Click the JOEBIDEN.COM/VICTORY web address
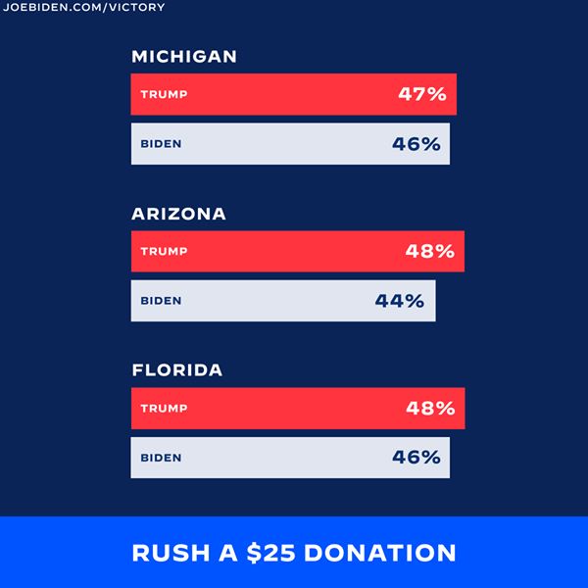[x=85, y=8]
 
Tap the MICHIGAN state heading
[x=184, y=57]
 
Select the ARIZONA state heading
[x=178, y=214]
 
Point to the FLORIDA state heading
[x=177, y=370]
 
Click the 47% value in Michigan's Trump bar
[x=422, y=95]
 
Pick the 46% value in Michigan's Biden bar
[x=416, y=144]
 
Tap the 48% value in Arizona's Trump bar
[x=430, y=252]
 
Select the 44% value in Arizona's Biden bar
[x=400, y=301]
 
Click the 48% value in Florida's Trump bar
[x=430, y=409]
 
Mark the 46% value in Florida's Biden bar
[x=416, y=458]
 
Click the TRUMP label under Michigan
[x=164, y=95]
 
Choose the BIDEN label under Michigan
[x=162, y=144]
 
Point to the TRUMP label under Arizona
[x=164, y=252]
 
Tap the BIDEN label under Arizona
[x=162, y=301]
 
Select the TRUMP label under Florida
[x=164, y=409]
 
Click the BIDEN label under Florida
[x=162, y=458]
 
